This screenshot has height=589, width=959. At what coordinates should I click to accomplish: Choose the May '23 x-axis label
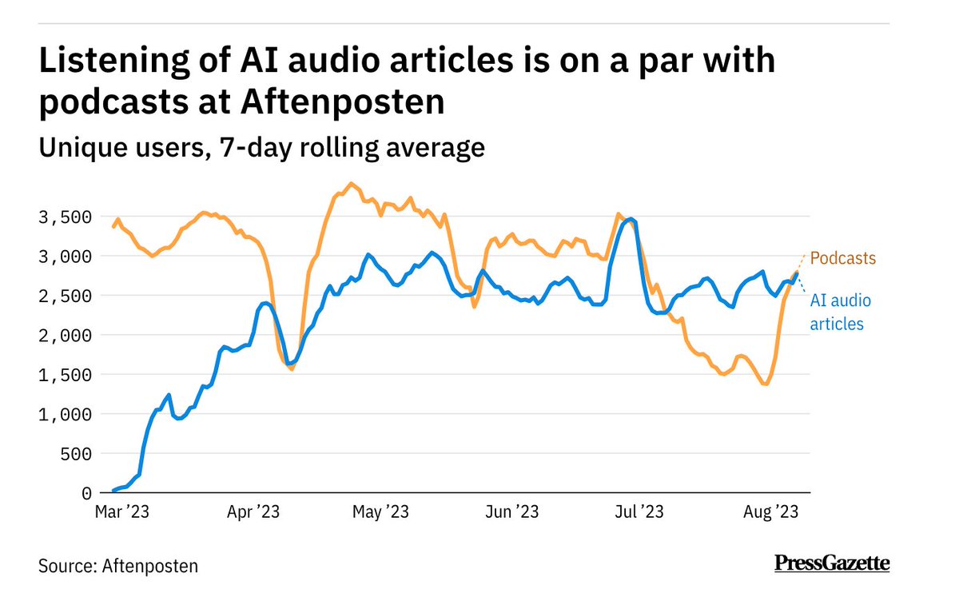(x=381, y=511)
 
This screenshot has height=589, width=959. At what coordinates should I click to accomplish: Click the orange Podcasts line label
(x=843, y=259)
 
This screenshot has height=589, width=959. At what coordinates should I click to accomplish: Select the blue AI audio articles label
(x=841, y=312)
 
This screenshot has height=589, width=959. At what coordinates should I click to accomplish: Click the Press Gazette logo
(x=832, y=563)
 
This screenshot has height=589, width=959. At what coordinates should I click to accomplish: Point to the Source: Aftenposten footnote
(x=118, y=566)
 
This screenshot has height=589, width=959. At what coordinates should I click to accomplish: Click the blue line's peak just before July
(x=631, y=218)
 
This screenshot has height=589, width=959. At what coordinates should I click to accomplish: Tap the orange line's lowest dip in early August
(x=766, y=384)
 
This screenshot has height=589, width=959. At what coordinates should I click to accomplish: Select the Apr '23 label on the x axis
(x=253, y=511)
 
